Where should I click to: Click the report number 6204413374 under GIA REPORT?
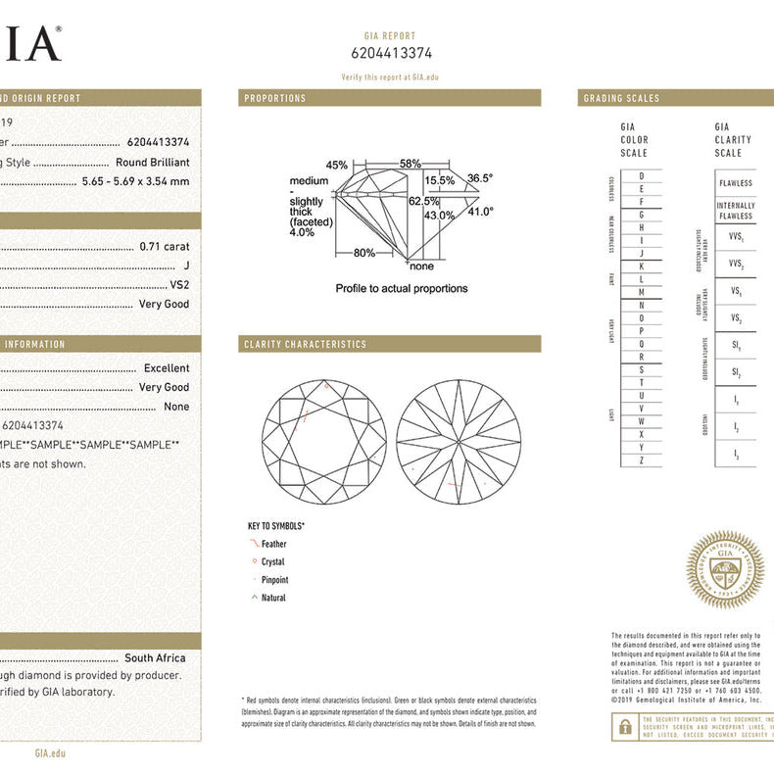(391, 54)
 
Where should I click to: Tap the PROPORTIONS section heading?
(275, 98)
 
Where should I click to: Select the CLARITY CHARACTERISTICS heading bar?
(305, 344)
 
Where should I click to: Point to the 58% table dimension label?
(410, 164)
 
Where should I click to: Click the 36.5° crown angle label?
(480, 178)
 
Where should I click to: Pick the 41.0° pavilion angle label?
(480, 211)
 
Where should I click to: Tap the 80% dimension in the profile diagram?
(364, 253)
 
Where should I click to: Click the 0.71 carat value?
(165, 247)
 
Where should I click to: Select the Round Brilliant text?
(153, 163)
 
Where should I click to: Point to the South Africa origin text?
(155, 658)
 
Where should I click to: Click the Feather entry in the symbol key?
(274, 544)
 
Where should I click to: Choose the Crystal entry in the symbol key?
(272, 562)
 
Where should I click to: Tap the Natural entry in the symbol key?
(273, 598)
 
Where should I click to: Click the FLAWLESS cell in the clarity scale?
(735, 183)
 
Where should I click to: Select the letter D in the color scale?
(641, 175)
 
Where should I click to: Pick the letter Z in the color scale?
(641, 460)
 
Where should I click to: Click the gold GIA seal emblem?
(724, 570)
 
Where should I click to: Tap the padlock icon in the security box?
(624, 726)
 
